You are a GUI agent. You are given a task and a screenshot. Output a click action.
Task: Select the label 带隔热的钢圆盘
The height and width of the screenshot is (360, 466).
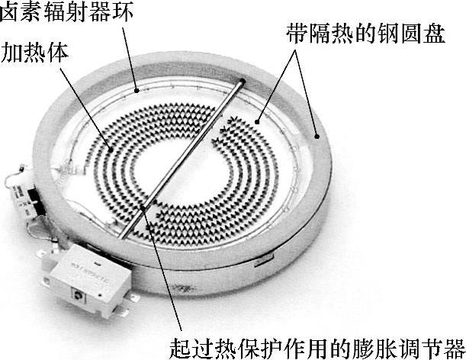365,34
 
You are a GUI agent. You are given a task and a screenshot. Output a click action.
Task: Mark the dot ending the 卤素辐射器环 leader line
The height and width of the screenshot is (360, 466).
138,89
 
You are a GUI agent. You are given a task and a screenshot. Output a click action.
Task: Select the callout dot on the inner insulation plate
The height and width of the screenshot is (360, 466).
257,120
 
